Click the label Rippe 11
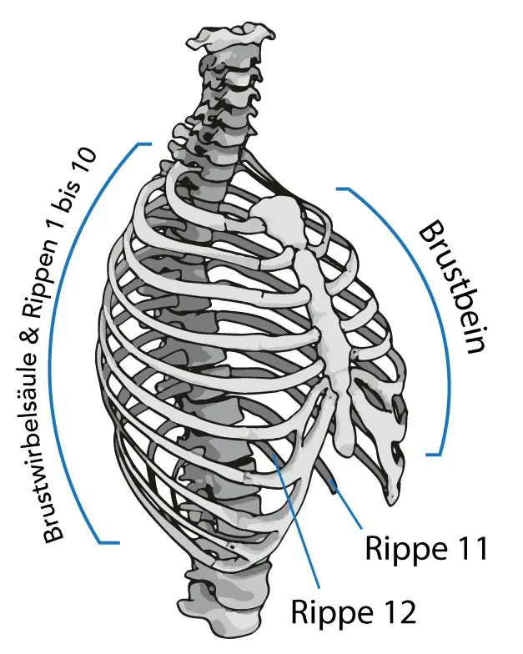click(425, 550)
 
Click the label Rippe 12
click(353, 612)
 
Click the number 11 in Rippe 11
click(468, 550)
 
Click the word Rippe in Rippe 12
click(330, 612)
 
